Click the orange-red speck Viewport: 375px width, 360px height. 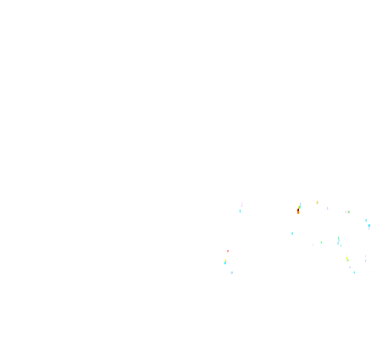(298, 211)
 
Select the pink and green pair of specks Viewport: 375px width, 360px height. (347, 212)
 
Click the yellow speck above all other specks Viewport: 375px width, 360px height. (317, 202)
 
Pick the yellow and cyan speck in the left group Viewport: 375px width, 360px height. (226, 262)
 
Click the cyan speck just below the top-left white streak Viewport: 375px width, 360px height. (240, 211)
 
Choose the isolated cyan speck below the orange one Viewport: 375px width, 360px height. (292, 233)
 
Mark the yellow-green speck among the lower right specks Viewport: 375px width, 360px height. (347, 259)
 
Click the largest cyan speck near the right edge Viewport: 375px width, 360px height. (369, 226)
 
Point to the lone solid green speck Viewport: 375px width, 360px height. (321, 242)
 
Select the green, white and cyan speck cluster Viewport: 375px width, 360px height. (339, 240)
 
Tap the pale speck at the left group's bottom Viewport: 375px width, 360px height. (232, 272)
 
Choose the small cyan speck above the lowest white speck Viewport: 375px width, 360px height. (354, 272)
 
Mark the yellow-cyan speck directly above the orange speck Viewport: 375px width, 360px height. (300, 205)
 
